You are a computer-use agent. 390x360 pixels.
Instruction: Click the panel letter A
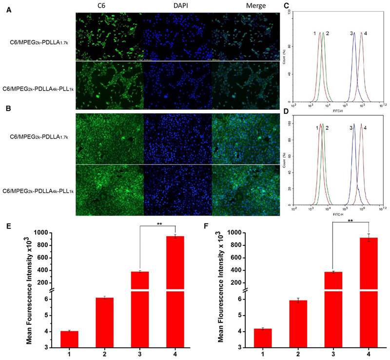click(8, 10)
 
